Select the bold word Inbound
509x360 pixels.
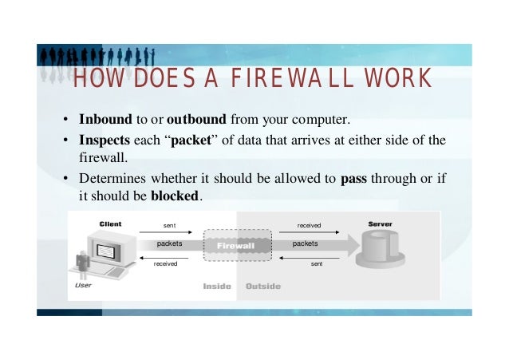105,121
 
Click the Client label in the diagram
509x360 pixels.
110,224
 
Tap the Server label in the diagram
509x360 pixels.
381,224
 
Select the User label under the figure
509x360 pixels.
82,284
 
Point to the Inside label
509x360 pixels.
217,286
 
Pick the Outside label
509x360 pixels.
262,286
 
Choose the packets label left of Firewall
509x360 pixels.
169,243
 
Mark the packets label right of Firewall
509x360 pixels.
305,243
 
